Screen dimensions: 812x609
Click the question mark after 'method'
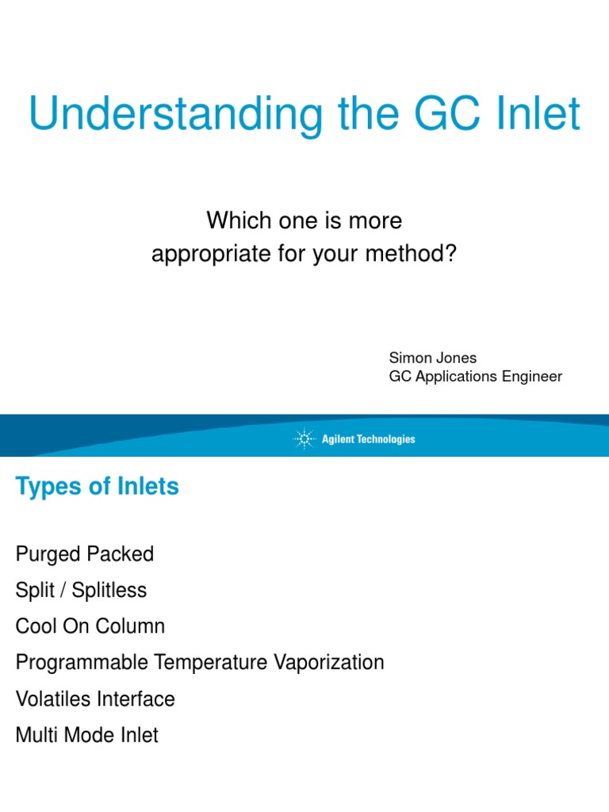[x=453, y=256]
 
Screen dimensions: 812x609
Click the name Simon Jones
[x=432, y=358]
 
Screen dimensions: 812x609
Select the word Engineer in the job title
[x=532, y=376]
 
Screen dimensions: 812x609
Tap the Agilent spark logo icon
[x=304, y=439]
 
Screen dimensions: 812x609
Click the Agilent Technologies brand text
[x=368, y=439]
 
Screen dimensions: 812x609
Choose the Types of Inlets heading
[x=97, y=486]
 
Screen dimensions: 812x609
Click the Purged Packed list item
[x=84, y=553]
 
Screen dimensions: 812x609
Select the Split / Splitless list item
[x=81, y=590]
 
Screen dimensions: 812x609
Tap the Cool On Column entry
[x=90, y=626]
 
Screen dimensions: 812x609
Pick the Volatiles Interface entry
[x=94, y=699]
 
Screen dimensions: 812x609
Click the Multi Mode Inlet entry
[x=86, y=735]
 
